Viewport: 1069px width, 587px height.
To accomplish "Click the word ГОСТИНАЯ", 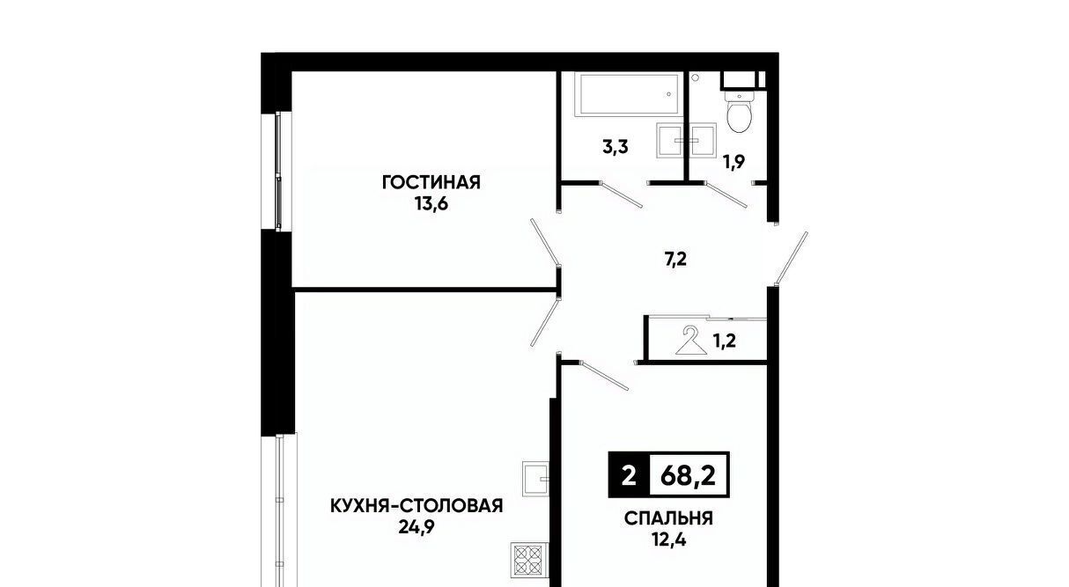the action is pos(431,182).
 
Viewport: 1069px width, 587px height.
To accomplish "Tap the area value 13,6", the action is pos(431,204).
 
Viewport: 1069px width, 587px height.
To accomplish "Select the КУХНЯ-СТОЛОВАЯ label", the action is pos(417,505).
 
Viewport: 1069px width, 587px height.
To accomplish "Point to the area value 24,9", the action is pos(417,527).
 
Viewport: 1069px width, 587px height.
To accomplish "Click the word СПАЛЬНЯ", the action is pos(668,518).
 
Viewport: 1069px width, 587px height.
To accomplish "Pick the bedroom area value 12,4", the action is pos(668,540).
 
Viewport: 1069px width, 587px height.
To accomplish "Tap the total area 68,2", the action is pos(689,475).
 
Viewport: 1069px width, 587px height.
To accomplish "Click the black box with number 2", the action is pos(629,475).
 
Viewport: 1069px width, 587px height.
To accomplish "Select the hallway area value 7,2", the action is pos(675,260).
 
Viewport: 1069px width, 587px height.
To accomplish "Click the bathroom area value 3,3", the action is pos(616,147).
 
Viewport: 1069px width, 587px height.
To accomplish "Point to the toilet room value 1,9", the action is pos(734,163).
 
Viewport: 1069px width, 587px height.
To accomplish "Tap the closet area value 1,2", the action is pos(724,341).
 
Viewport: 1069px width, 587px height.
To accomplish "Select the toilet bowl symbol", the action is pos(739,111).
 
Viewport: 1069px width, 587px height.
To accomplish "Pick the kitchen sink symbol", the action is pos(535,479).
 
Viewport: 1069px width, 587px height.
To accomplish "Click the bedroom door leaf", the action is pos(605,376).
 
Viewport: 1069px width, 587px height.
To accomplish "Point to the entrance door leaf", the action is pos(792,258).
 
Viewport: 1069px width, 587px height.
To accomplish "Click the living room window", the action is pos(279,172).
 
